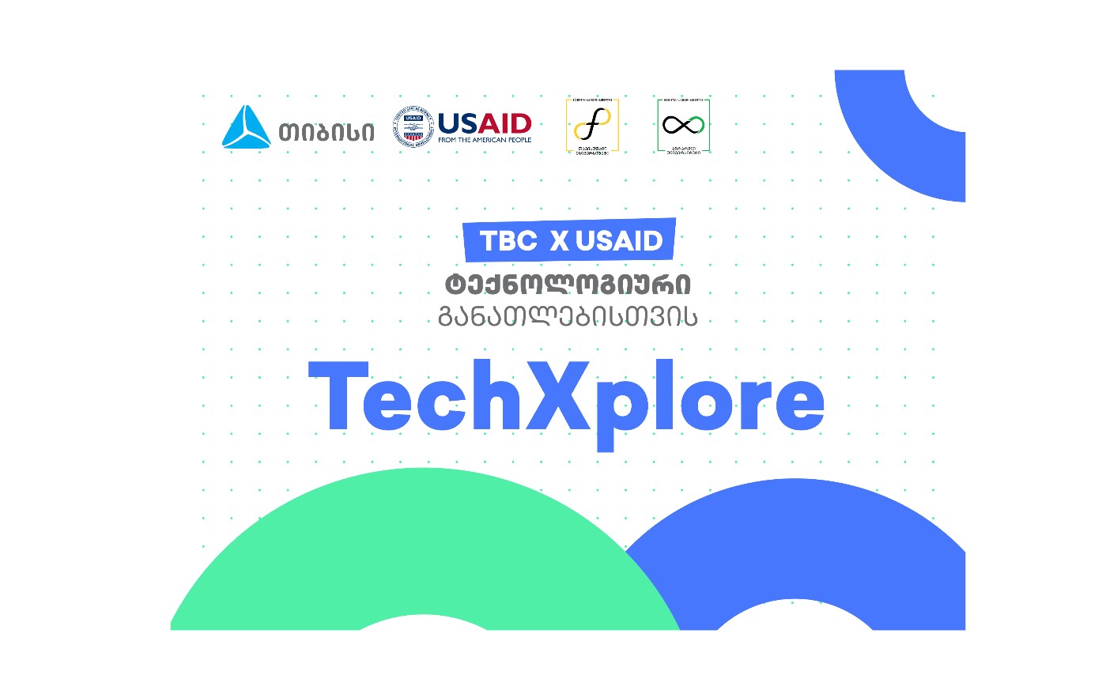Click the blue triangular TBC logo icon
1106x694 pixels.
[247, 128]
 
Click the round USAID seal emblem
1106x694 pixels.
[413, 127]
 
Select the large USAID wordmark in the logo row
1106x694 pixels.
[485, 123]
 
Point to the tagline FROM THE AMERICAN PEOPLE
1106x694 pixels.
[485, 140]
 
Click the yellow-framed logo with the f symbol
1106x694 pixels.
[592, 125]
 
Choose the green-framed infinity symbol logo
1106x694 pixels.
[683, 125]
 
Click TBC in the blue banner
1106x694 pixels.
[508, 241]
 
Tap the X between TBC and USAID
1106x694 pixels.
[560, 241]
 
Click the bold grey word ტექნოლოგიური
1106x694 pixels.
[568, 285]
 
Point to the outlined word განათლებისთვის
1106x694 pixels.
[568, 317]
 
